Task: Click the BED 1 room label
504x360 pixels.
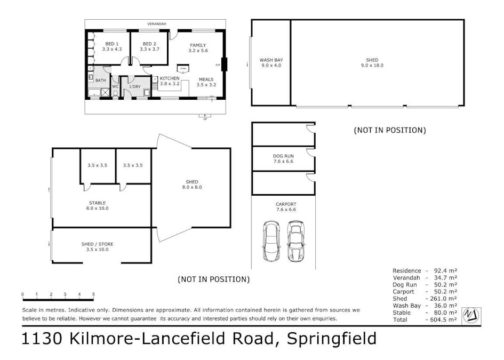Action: (x=111, y=43)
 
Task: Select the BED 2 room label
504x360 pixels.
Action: (x=149, y=43)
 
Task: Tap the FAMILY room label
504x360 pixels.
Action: (x=197, y=45)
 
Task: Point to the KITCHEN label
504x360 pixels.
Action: (x=170, y=78)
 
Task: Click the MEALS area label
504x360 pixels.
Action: (x=205, y=79)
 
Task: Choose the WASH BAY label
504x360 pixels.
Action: (x=270, y=60)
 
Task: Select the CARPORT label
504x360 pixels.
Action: (x=285, y=204)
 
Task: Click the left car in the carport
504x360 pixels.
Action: (x=271, y=241)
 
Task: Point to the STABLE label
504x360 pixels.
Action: (x=97, y=203)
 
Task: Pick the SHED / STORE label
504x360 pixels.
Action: (x=97, y=244)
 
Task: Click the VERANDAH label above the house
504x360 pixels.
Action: (x=157, y=24)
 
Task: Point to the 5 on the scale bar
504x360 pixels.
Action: (x=93, y=294)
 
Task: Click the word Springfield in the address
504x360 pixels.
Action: (x=332, y=339)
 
